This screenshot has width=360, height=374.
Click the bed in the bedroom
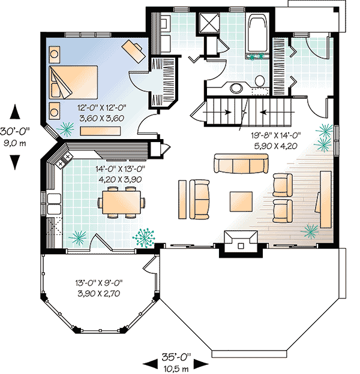pos(73,82)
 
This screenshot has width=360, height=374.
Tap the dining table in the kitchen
pos(122,202)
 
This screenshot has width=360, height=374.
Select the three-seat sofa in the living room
pos(241,164)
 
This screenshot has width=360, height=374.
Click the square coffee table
pos(241,201)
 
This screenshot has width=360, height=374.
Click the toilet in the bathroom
pos(259,82)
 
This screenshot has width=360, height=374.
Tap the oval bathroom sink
pos(236,88)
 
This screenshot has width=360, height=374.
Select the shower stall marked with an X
pos(209,23)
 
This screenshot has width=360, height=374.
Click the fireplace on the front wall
pos(241,243)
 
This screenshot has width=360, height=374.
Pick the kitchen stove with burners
pos(64,160)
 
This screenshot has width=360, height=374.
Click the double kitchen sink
pos(54,204)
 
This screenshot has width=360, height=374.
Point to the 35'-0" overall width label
pos(176,357)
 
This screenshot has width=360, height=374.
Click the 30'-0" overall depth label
pos(15,131)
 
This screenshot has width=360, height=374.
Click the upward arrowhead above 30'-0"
pos(15,112)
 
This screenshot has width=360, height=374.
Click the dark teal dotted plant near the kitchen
pos(144,237)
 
